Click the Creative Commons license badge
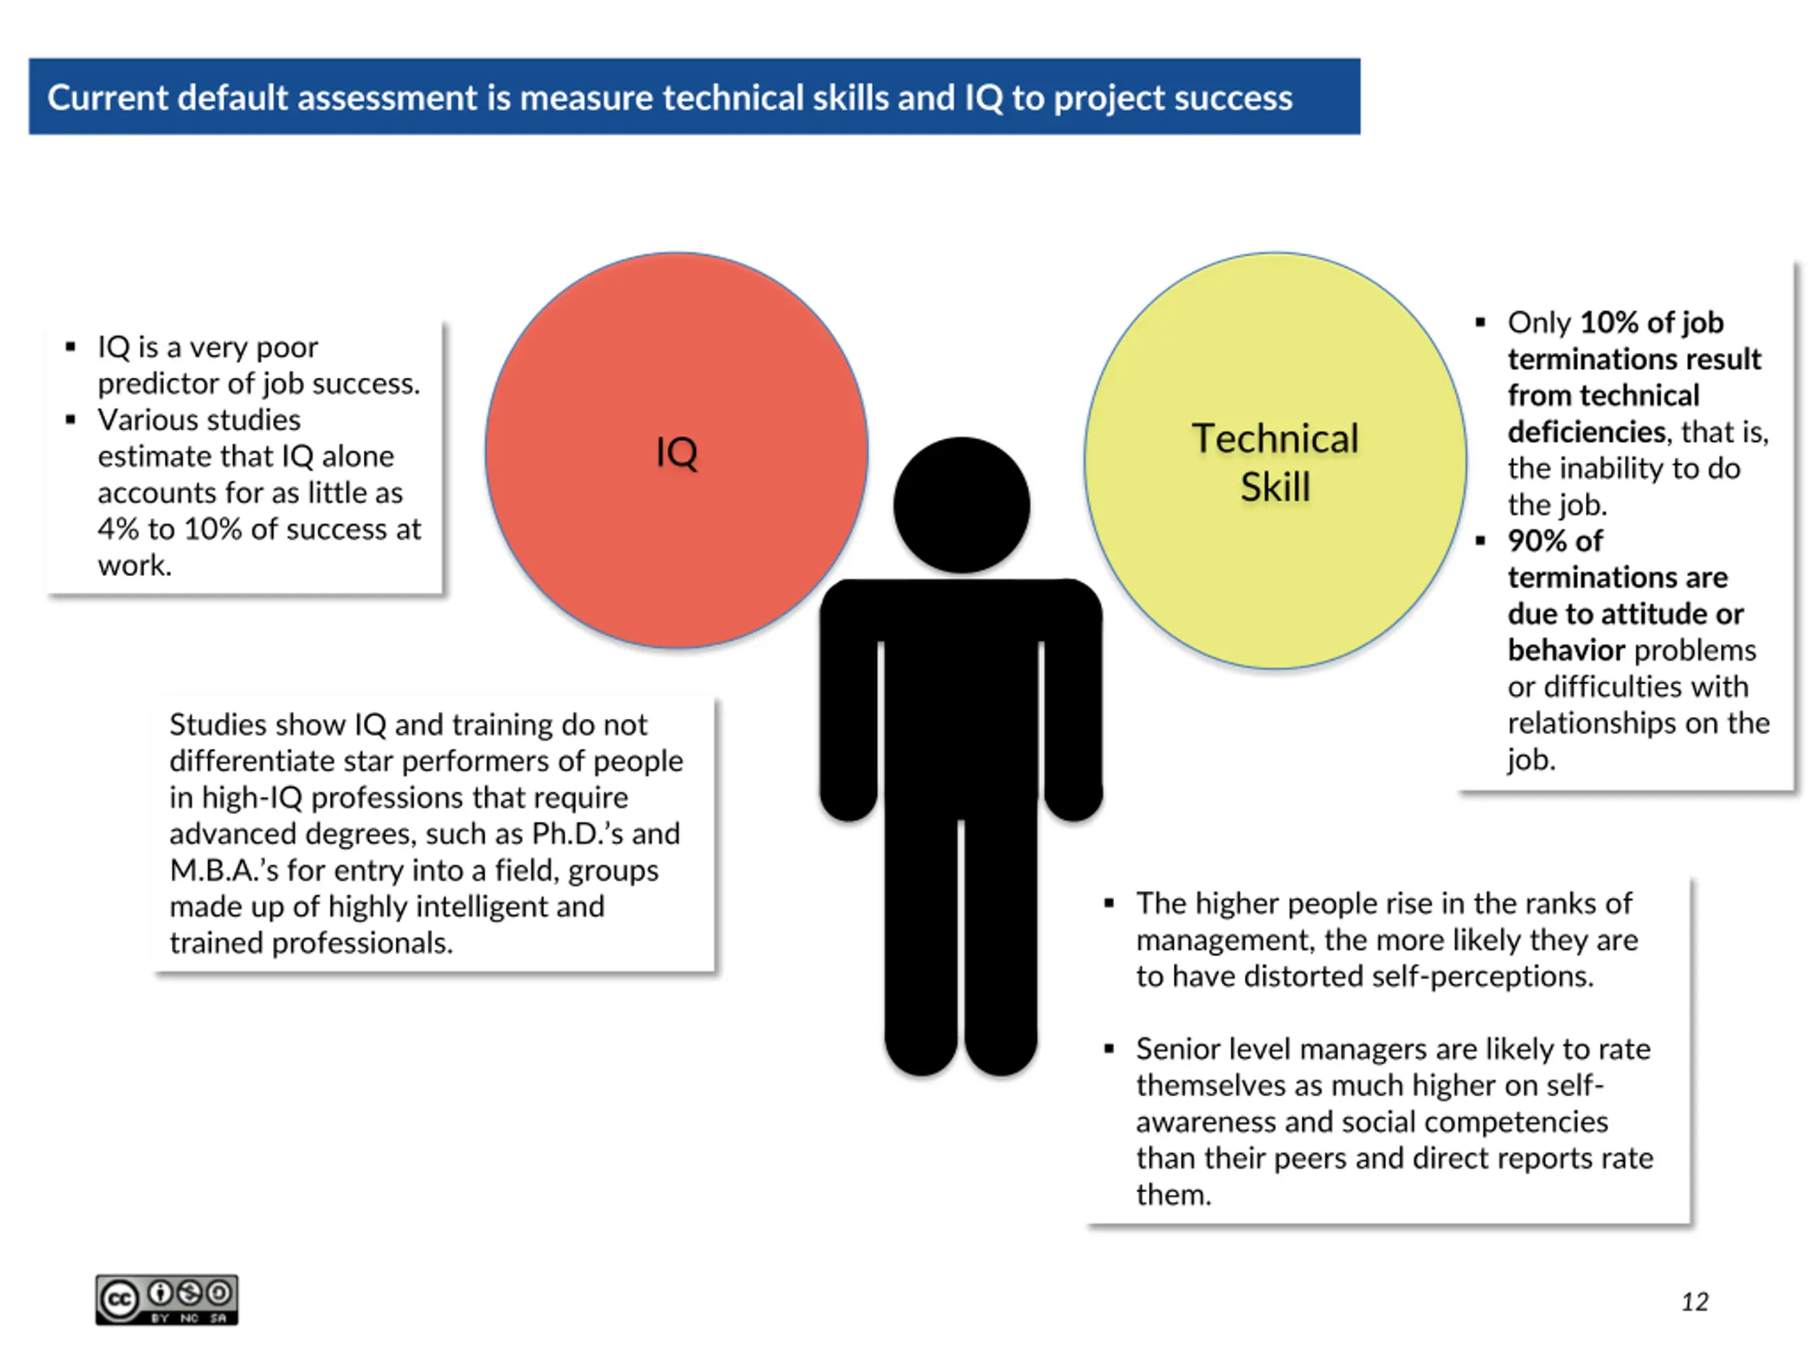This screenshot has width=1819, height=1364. point(167,1300)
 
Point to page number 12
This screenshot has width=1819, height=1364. point(1695,1301)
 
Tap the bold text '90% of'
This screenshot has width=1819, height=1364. point(1555,541)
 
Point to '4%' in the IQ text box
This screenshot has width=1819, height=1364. point(119,529)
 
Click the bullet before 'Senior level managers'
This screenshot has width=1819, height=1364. point(1108,1049)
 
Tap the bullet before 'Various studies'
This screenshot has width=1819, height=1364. point(71,419)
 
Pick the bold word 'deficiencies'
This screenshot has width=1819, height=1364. point(1586,432)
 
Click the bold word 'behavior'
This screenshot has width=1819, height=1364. point(1567,650)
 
